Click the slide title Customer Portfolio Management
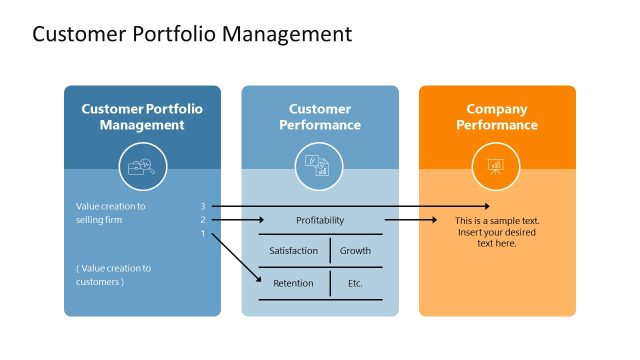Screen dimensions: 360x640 (192, 34)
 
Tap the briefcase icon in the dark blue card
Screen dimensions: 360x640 (142, 167)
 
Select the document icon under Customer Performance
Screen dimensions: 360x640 (319, 167)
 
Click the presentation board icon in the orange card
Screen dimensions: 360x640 (496, 167)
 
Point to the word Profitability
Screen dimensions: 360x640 (320, 220)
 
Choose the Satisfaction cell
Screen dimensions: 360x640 (293, 251)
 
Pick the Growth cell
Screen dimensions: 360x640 (355, 251)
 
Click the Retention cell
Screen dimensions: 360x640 (293, 283)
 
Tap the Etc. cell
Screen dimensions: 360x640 (355, 283)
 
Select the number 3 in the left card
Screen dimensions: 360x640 (203, 207)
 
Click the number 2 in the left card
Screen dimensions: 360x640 (203, 220)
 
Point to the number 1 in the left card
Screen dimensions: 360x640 (203, 234)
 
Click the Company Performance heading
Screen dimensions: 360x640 (496, 117)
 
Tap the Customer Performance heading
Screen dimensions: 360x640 (319, 117)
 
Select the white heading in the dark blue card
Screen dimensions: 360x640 (142, 117)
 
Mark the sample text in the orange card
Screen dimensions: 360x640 (496, 231)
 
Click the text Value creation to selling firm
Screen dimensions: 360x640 (111, 213)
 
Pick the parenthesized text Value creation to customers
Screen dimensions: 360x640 (113, 275)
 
